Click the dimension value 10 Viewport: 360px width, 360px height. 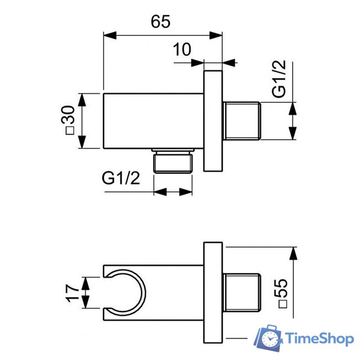click(182, 49)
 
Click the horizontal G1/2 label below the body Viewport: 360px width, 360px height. click(121, 178)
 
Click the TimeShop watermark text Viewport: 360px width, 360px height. click(318, 338)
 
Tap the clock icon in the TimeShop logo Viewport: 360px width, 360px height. click(271, 339)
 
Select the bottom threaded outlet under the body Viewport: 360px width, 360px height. click(173, 161)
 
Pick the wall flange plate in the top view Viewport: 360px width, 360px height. click(213, 120)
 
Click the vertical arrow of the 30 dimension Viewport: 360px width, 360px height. click(83, 121)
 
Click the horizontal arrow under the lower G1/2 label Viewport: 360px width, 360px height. click(173, 191)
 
